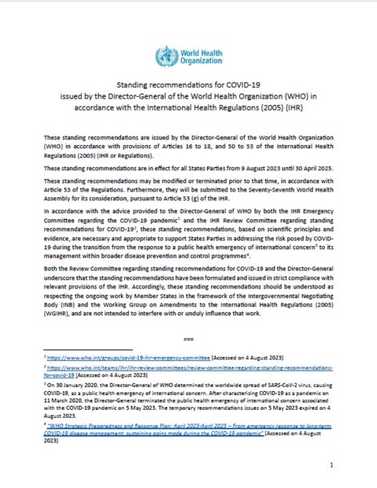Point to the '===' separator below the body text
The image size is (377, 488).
188,339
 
